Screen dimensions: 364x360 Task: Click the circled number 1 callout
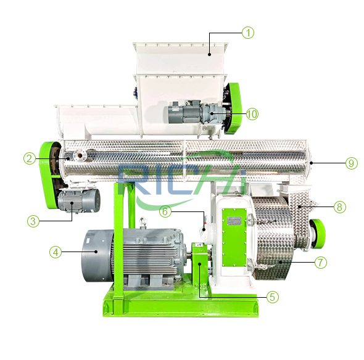click(248, 33)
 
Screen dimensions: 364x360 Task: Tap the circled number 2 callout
click(30, 158)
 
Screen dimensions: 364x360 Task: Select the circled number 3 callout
click(33, 221)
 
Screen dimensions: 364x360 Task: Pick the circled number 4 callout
click(56, 252)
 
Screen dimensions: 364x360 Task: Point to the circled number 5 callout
click(273, 297)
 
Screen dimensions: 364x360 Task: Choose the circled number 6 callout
click(165, 211)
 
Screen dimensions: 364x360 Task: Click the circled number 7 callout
click(321, 263)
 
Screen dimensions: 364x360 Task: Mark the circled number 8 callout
click(339, 207)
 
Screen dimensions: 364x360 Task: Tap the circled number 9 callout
click(352, 163)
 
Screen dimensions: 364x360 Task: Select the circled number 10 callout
click(252, 113)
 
